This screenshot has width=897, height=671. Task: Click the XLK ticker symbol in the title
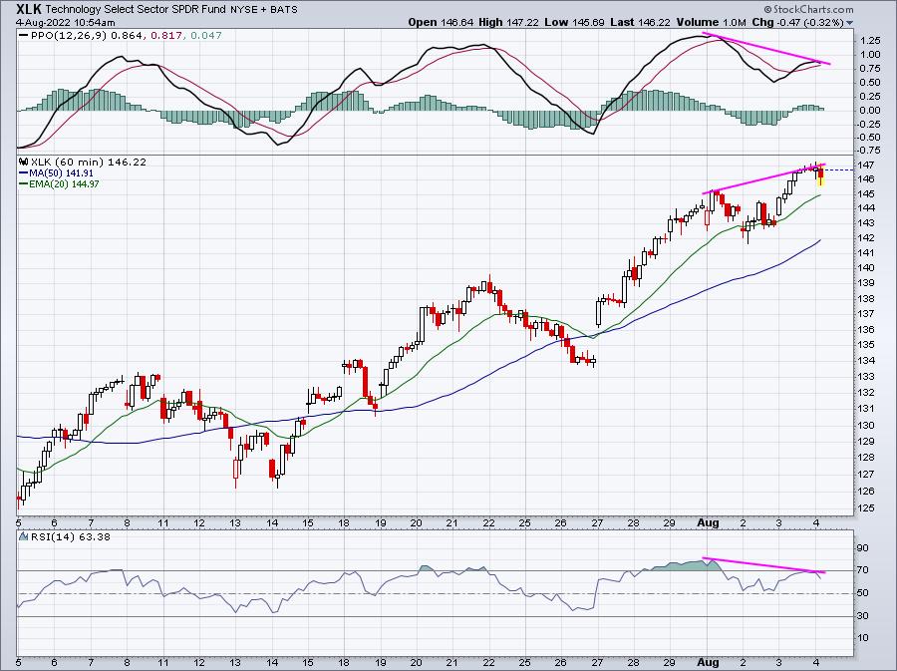pyautogui.click(x=29, y=9)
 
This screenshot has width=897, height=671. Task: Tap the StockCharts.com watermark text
pyautogui.click(x=812, y=9)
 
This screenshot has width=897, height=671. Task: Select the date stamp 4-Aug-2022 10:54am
pyautogui.click(x=65, y=23)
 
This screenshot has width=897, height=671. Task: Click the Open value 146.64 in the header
pyautogui.click(x=457, y=22)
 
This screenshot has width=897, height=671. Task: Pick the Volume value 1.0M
pyautogui.click(x=734, y=22)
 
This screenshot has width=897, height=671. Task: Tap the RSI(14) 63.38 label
pyautogui.click(x=70, y=537)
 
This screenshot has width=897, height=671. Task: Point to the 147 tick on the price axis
pyautogui.click(x=866, y=166)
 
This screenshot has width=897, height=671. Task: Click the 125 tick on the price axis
pyautogui.click(x=866, y=507)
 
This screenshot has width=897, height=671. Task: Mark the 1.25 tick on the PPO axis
pyautogui.click(x=869, y=41)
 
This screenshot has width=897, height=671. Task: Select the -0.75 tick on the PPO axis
pyautogui.click(x=868, y=151)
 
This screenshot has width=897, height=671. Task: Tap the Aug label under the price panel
pyautogui.click(x=708, y=522)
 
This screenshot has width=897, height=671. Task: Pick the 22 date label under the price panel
pyautogui.click(x=488, y=522)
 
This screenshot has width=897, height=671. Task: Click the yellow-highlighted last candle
pyautogui.click(x=821, y=176)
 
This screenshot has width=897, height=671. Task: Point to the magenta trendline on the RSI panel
pyautogui.click(x=763, y=565)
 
